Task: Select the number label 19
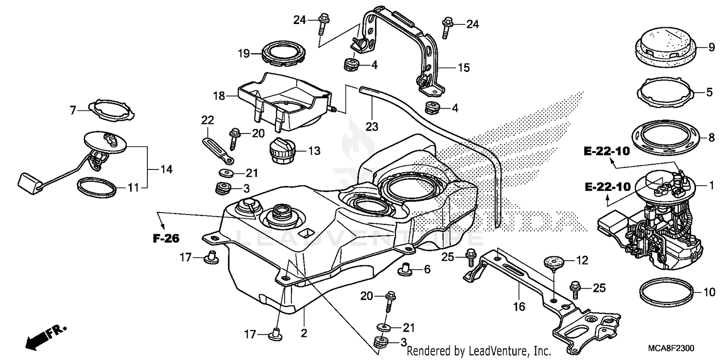coord(243,54)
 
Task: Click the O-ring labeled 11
coord(96,187)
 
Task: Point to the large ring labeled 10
coord(666,291)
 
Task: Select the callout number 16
coord(520,306)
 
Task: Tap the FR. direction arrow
coord(46,336)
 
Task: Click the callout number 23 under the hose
coord(372,127)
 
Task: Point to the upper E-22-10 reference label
coord(606,151)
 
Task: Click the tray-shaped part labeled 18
coord(283,98)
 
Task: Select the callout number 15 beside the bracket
coord(463,68)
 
